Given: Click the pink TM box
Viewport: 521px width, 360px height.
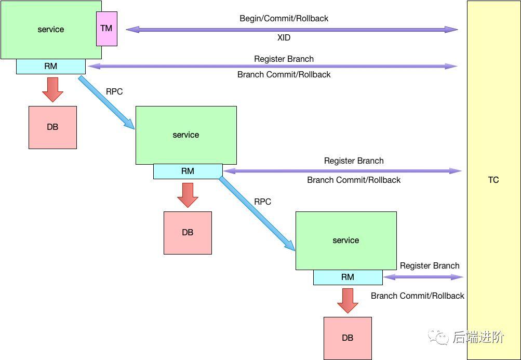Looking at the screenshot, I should pyautogui.click(x=106, y=29).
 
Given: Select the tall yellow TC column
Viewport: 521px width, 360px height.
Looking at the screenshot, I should pyautogui.click(x=493, y=180).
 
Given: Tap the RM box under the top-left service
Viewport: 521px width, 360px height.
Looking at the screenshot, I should pyautogui.click(x=51, y=66).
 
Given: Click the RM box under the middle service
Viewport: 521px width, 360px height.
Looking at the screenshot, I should pyautogui.click(x=188, y=171).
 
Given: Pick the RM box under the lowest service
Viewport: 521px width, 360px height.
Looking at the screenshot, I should pyautogui.click(x=348, y=277).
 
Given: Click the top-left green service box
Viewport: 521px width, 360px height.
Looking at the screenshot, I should pyautogui.click(x=51, y=30).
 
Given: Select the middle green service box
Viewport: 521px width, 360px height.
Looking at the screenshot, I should pyautogui.click(x=186, y=135).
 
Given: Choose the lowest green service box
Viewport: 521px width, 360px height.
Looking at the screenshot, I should pyautogui.click(x=346, y=241).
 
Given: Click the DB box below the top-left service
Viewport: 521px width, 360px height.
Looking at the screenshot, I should pyautogui.click(x=52, y=127).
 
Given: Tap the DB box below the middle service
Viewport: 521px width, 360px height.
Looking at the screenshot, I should pyautogui.click(x=188, y=233).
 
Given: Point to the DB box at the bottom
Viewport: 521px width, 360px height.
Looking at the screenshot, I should pyautogui.click(x=348, y=338).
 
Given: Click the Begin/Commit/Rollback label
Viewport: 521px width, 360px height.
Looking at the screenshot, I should pyautogui.click(x=284, y=18).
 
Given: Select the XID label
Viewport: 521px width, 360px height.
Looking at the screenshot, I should pyautogui.click(x=284, y=38).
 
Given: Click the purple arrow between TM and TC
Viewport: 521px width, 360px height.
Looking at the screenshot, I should pyautogui.click(x=291, y=30).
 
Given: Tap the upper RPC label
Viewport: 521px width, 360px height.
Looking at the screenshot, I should pyautogui.click(x=114, y=91).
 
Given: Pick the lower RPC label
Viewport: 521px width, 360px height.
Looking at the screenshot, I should pyautogui.click(x=263, y=202).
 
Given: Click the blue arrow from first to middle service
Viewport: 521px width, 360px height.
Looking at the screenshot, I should pyautogui.click(x=106, y=102).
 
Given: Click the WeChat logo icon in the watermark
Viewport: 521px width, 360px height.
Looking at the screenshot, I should pyautogui.click(x=438, y=337).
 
